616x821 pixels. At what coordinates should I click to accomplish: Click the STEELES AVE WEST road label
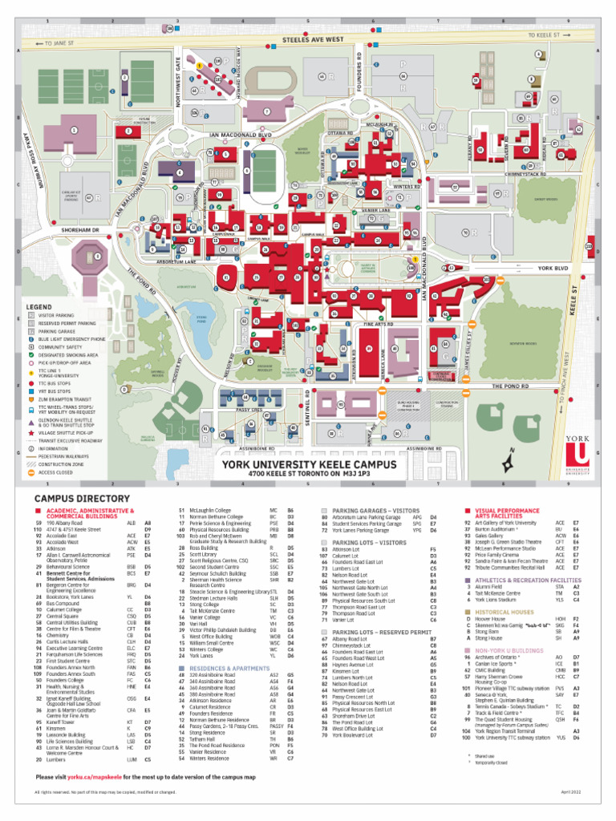[x=313, y=38]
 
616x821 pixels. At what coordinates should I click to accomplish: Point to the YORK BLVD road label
[x=553, y=268]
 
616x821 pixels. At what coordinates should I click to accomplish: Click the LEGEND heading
[x=38, y=307]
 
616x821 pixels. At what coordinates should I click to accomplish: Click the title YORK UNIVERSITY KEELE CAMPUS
[x=309, y=464]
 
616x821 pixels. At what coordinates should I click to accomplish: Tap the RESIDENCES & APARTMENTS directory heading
[x=229, y=667]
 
